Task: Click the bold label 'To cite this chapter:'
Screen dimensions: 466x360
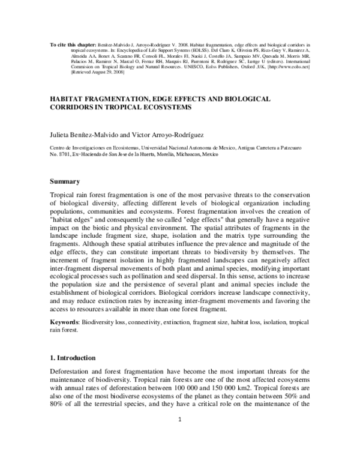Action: [x=66, y=45]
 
